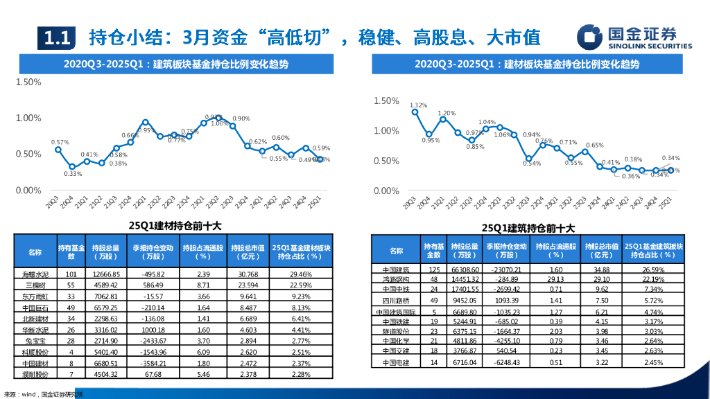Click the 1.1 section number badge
point(55,37)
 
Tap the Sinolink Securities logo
point(635,37)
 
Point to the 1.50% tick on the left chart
point(28,82)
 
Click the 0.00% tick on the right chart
point(386,190)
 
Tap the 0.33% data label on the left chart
point(73,174)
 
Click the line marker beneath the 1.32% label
point(415,112)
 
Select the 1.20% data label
point(446,113)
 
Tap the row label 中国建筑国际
point(396,312)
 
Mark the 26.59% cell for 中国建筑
point(653,269)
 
